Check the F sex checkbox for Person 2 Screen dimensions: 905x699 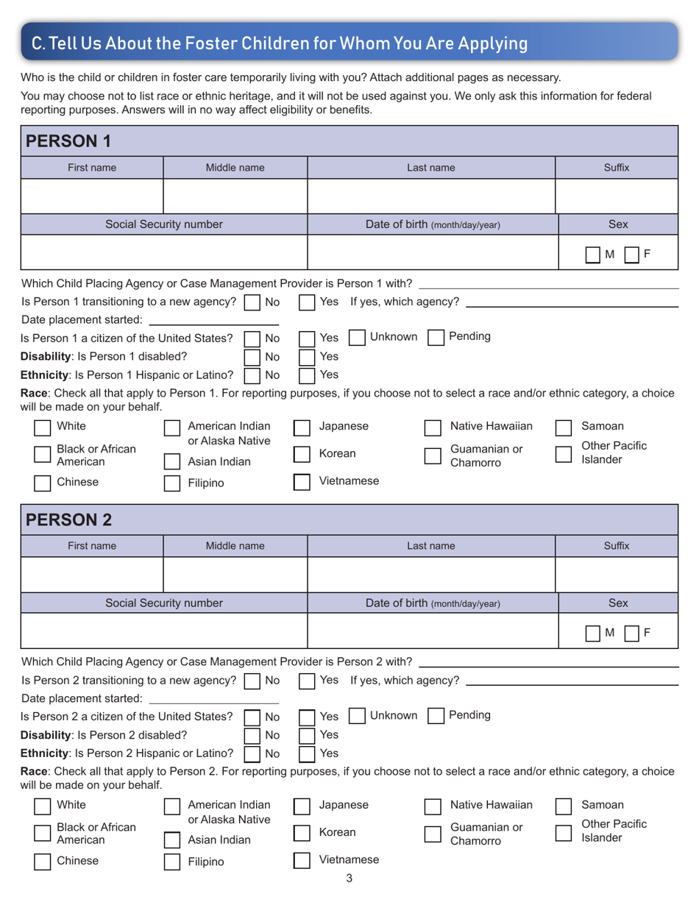coord(633,633)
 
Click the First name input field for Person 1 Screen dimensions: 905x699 coord(92,196)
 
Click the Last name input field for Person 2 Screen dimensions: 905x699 coord(430,575)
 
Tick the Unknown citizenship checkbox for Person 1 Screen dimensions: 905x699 coord(356,337)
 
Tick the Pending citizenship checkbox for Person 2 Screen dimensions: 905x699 coord(436,716)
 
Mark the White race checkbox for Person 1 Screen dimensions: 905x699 coord(43,427)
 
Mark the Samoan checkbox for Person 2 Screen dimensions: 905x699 coord(563,806)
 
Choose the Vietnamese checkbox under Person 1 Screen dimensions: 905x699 coord(302,482)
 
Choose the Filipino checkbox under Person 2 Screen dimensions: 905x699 coord(171,862)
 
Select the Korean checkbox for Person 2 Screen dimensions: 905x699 coord(302,833)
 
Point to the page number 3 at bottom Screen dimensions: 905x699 coord(349,877)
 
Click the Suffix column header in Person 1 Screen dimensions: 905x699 coord(616,168)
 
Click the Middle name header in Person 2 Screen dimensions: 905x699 coord(235,546)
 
